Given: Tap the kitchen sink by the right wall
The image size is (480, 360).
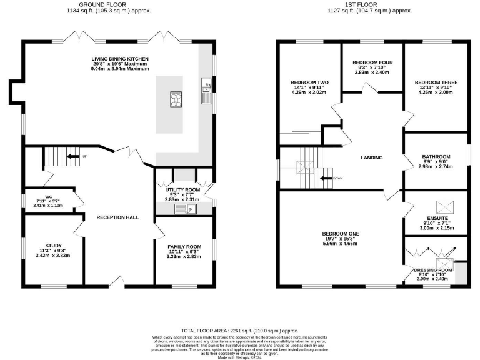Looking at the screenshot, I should tap(206, 94).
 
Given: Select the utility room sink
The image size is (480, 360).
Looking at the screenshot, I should tap(186, 209).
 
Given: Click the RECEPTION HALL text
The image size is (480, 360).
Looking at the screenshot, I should tap(117, 217).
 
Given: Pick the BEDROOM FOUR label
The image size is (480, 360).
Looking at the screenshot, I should tap(372, 62).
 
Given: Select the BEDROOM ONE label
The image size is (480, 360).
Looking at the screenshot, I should tap(341, 234).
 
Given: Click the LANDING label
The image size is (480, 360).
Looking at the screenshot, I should tap(371, 157).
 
